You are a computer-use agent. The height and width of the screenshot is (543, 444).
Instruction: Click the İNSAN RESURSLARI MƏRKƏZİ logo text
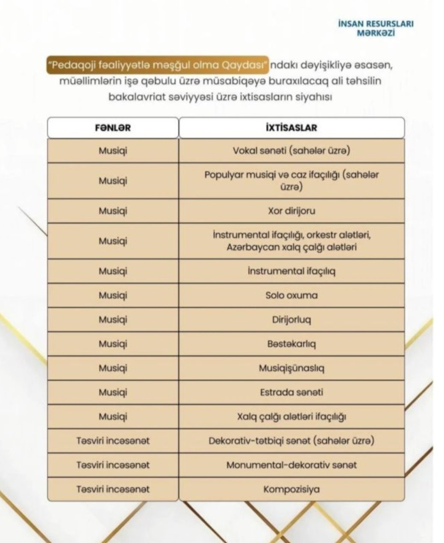tap(375, 28)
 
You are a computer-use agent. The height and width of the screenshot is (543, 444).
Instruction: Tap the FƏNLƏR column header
tap(113, 128)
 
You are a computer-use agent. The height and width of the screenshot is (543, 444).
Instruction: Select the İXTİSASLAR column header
tap(291, 128)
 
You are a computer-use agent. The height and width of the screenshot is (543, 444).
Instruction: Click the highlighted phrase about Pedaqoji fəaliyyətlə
tap(158, 66)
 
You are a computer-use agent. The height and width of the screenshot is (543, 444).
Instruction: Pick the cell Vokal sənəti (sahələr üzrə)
tap(291, 151)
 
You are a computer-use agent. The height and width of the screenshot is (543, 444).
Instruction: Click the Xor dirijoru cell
tap(291, 211)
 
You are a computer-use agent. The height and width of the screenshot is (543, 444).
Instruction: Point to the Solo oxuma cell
tap(291, 295)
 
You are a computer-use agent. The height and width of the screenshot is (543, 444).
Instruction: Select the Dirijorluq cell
tap(291, 319)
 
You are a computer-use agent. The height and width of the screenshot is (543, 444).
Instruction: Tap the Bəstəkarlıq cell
tap(291, 344)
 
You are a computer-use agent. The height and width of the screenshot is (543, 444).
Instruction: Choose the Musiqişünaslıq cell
tap(291, 368)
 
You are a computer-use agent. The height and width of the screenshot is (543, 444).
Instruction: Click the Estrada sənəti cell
tap(291, 392)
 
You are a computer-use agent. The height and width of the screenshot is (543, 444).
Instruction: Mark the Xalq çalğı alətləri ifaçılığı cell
tap(291, 416)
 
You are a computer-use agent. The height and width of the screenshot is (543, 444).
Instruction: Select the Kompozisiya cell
tap(291, 489)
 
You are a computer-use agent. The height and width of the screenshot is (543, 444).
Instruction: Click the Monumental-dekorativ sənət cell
tap(291, 465)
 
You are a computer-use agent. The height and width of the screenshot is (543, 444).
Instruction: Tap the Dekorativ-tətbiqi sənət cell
tap(291, 441)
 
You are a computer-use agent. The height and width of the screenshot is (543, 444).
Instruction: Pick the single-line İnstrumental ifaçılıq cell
tap(291, 271)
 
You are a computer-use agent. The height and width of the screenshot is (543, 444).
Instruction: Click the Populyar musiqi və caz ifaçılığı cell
tap(291, 180)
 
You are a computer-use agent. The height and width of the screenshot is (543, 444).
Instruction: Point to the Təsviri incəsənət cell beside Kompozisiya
tap(113, 489)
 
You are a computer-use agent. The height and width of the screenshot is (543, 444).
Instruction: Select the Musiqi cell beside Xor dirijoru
tap(113, 211)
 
